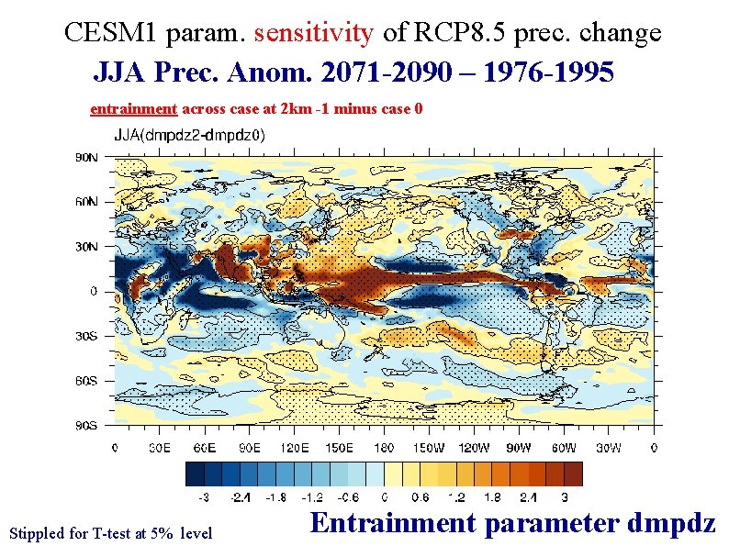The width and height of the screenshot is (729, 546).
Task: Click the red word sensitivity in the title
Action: click(314, 33)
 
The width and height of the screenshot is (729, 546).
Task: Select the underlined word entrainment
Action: click(133, 108)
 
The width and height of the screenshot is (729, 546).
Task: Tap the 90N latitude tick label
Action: click(86, 158)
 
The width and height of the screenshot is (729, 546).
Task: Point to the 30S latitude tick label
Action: click(86, 336)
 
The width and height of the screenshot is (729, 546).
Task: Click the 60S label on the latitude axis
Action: click(86, 381)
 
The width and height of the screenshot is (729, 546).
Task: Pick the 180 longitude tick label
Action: click(384, 448)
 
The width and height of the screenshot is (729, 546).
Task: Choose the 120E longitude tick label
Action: click(295, 448)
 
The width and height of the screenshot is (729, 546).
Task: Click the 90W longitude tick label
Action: click(519, 448)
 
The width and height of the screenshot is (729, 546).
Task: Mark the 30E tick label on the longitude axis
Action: click(160, 448)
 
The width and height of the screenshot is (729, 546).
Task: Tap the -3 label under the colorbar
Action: click(204, 497)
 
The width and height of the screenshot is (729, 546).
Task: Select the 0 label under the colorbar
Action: click(384, 497)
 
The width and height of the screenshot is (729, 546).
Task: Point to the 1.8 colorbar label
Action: click(492, 497)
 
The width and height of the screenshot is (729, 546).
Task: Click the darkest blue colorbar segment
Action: click(195, 474)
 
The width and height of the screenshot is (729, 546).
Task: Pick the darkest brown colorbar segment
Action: click(573, 474)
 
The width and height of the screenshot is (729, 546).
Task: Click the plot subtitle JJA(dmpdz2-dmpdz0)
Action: click(190, 136)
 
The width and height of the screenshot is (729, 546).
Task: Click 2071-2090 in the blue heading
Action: click(387, 72)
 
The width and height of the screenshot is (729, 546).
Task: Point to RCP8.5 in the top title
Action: click(459, 32)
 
